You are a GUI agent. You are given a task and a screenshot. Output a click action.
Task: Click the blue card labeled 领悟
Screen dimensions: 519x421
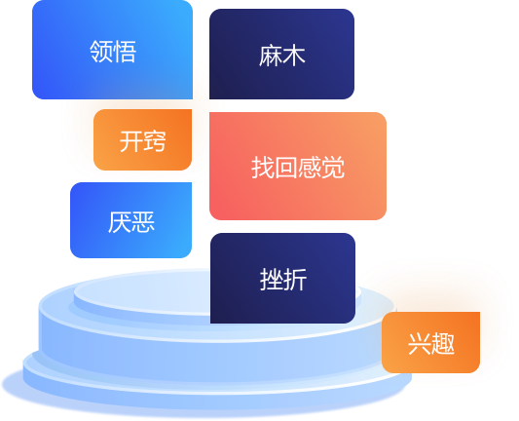click(x=112, y=50)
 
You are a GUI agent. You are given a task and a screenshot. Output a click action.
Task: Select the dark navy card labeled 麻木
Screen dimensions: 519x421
click(x=281, y=54)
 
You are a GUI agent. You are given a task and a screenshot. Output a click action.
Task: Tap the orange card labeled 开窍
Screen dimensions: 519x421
click(x=143, y=139)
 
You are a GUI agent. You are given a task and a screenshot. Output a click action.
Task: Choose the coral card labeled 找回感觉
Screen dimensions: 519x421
click(x=298, y=166)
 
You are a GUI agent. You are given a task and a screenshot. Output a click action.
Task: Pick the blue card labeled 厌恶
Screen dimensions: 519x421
click(x=131, y=220)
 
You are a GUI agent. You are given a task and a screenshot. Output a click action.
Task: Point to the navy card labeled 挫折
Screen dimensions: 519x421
click(x=282, y=279)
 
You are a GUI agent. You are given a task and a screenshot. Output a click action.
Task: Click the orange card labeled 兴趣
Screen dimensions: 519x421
click(x=430, y=342)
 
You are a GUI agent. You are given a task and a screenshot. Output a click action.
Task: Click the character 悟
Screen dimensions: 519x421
click(x=125, y=52)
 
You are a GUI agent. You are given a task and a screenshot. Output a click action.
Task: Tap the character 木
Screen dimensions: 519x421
click(x=294, y=56)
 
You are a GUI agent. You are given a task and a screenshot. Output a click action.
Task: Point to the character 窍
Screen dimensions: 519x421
click(x=154, y=141)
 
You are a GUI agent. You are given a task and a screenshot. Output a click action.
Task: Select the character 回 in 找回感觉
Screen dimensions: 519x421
click(x=286, y=168)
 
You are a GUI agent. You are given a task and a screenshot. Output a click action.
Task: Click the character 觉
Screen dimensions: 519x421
click(x=333, y=168)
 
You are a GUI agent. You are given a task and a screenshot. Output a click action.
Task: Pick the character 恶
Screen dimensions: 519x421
click(x=143, y=222)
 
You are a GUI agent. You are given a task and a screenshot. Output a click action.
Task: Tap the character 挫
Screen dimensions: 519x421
click(x=272, y=280)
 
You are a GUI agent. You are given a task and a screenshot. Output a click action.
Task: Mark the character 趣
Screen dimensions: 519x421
click(x=443, y=344)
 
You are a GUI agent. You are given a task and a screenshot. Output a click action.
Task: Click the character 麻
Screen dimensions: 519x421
click(x=271, y=56)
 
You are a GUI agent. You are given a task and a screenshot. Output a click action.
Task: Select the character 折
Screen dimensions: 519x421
click(x=295, y=280)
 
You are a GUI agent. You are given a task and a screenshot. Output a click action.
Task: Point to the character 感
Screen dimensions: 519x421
click(x=309, y=168)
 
